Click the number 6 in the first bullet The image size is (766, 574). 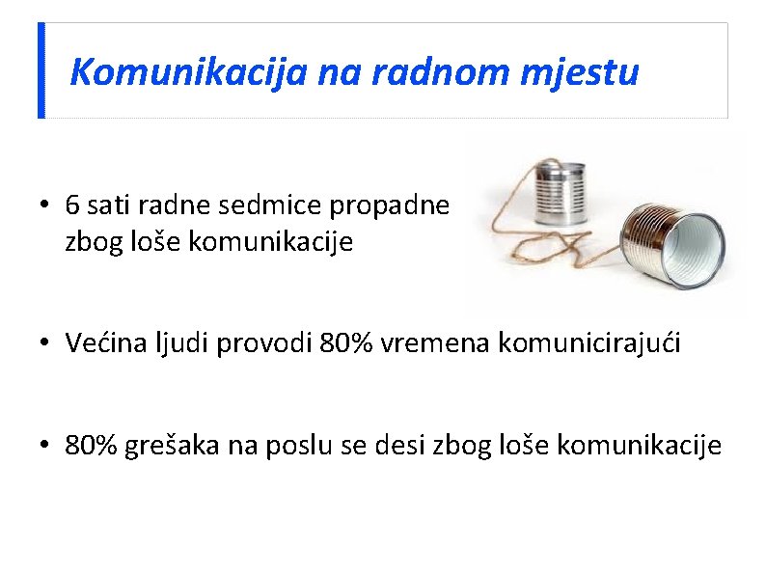coord(73,205)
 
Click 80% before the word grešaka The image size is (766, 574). coord(92,445)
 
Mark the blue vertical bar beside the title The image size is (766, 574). coord(41,70)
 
